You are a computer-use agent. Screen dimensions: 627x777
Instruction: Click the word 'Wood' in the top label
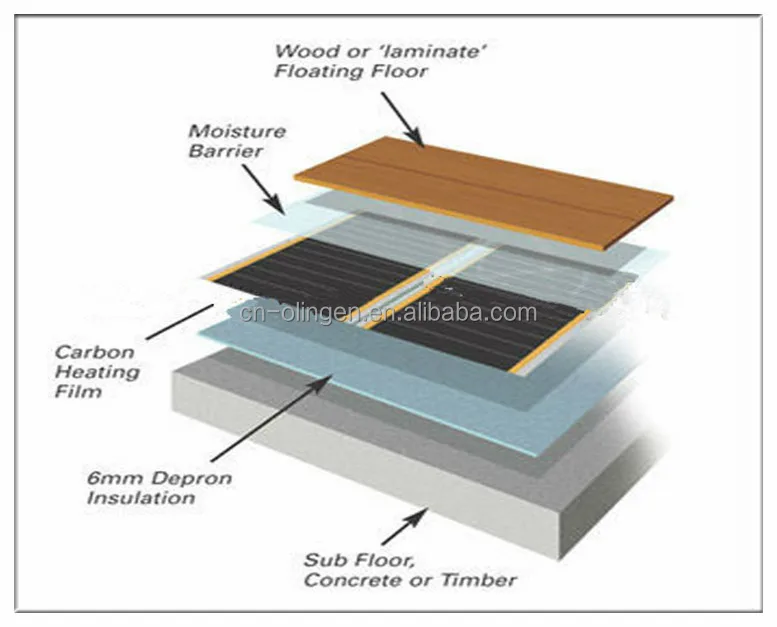(299, 51)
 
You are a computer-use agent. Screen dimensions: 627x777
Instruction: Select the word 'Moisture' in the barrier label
(223, 131)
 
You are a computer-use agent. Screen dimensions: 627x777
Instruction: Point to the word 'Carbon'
(87, 352)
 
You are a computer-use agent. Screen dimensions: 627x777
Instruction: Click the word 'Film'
(78, 392)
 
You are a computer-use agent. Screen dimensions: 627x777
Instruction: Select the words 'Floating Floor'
(351, 71)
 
